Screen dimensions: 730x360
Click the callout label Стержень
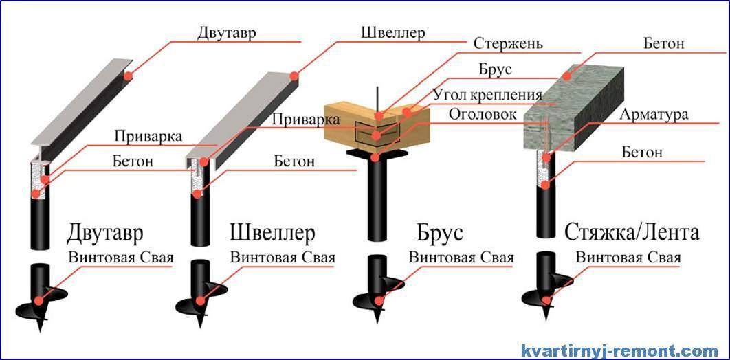coord(508,44)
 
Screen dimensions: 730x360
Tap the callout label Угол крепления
coord(487,94)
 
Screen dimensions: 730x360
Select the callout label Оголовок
coord(483,115)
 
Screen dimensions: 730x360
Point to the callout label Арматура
coord(653,115)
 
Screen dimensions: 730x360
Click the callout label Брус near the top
coord(496,69)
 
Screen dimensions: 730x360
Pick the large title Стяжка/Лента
coord(632,233)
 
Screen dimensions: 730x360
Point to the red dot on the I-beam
coord(128,76)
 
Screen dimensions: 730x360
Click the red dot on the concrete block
coord(566,76)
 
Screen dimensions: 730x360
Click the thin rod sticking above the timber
coord(377,100)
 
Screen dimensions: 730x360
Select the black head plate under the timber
coord(377,153)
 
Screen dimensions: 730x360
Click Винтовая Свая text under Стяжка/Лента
coord(628,258)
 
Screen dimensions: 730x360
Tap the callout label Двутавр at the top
coord(226,33)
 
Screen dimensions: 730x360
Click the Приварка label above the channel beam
coord(306,119)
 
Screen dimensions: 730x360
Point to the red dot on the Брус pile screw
coord(379,301)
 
